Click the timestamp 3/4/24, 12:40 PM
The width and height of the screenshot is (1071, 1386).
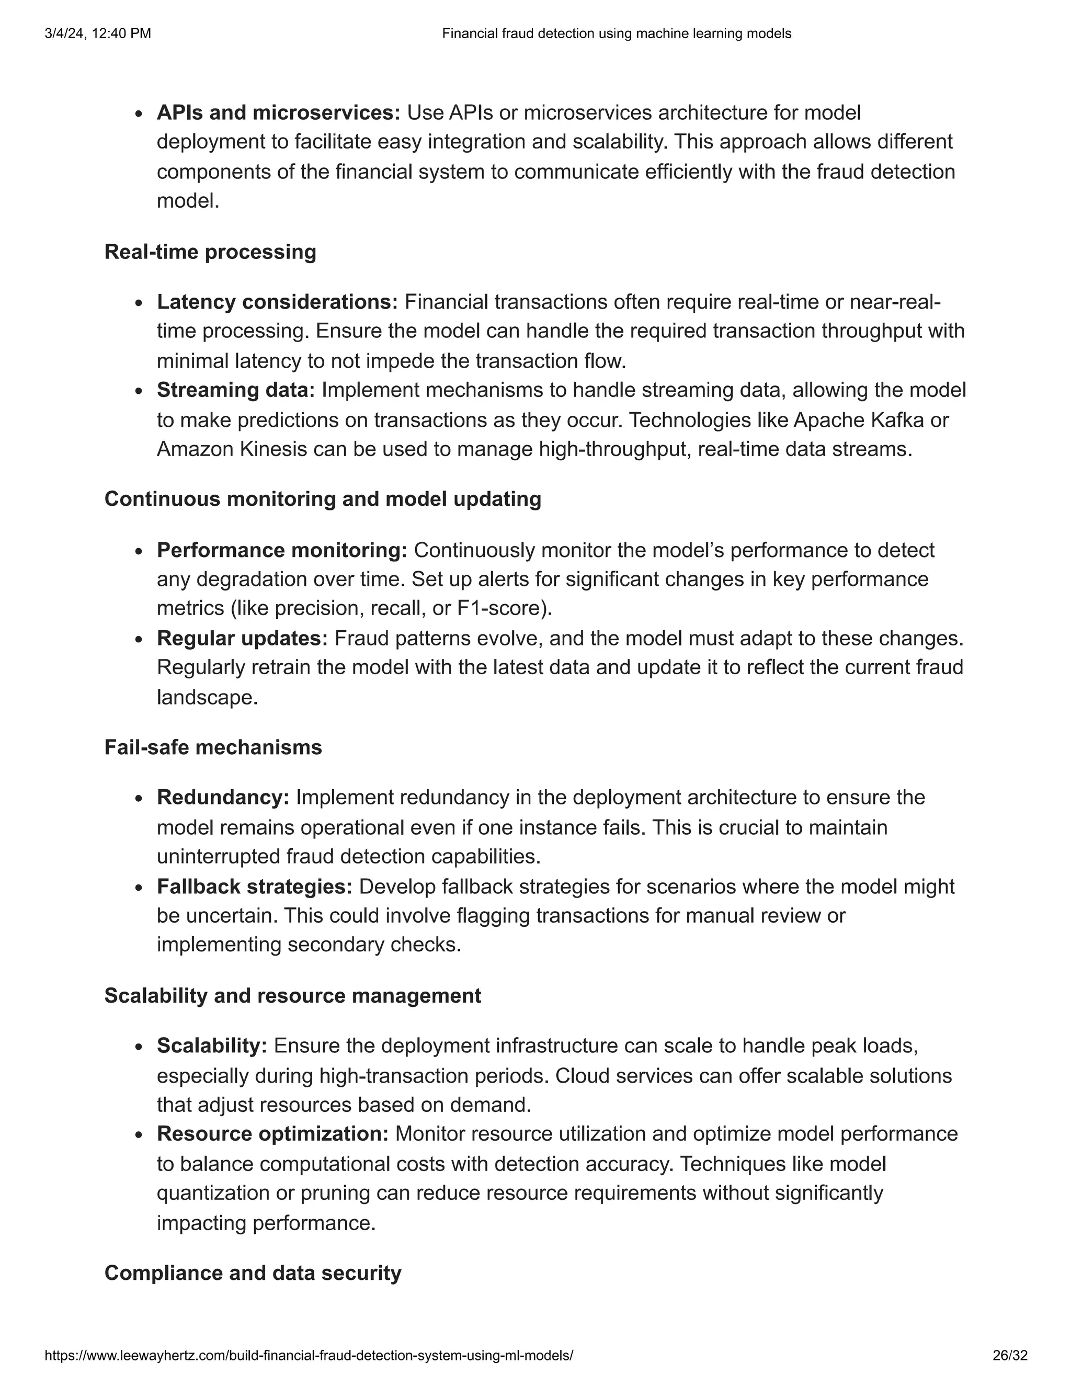pyautogui.click(x=98, y=33)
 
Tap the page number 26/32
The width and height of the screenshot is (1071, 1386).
pyautogui.click(x=1009, y=1356)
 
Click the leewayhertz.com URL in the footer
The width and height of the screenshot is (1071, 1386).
pyautogui.click(x=309, y=1356)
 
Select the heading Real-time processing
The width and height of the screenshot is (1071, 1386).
pyautogui.click(x=210, y=252)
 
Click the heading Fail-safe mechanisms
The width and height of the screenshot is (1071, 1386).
pyautogui.click(x=213, y=747)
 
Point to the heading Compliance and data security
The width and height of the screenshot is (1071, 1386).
pyautogui.click(x=253, y=1273)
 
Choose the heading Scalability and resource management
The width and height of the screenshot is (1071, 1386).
pyautogui.click(x=292, y=995)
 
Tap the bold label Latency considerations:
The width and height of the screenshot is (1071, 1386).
pyautogui.click(x=277, y=302)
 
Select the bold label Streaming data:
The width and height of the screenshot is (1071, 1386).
pyautogui.click(x=236, y=390)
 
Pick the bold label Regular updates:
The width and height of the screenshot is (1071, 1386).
pyautogui.click(x=242, y=638)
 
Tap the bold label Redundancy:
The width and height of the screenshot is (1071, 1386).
pyautogui.click(x=223, y=797)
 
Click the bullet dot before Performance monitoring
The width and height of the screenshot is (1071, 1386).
pyautogui.click(x=140, y=551)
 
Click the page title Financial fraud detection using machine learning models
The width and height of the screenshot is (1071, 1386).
pyautogui.click(x=616, y=33)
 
